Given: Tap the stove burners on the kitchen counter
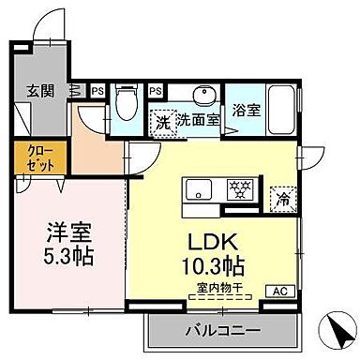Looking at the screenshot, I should tap(239, 189).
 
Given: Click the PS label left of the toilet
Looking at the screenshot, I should tap(98, 91).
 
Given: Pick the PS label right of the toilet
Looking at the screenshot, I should tap(155, 91).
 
